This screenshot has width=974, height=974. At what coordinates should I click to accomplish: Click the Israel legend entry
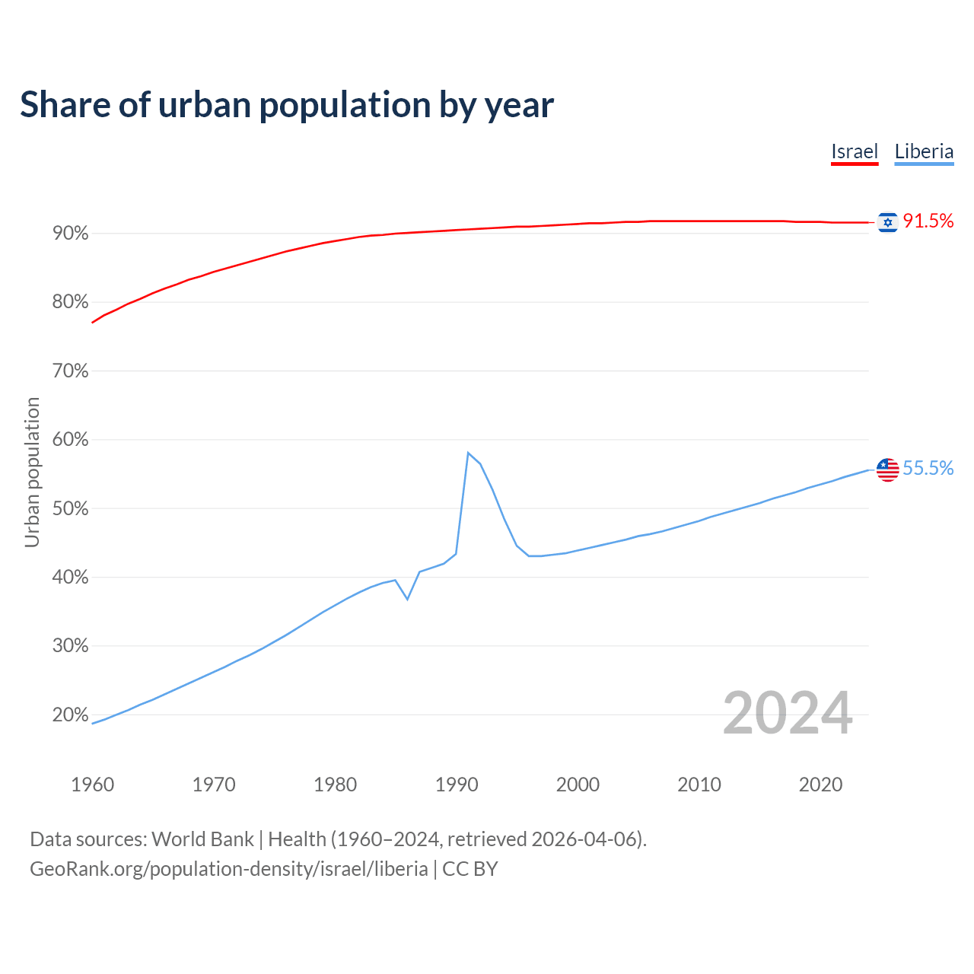[854, 151]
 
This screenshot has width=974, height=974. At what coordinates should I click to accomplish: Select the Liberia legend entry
[924, 151]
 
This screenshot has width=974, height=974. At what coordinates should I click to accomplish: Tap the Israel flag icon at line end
[887, 221]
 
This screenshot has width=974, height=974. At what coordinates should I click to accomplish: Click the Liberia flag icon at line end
[887, 469]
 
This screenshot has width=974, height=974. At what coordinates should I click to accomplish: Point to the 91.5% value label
[928, 221]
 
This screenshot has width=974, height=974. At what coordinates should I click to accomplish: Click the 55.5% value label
[928, 469]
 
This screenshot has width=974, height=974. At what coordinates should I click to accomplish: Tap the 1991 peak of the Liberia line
[468, 453]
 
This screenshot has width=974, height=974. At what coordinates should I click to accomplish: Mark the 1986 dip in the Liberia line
[408, 599]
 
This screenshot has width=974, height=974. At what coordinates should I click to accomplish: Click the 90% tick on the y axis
[71, 234]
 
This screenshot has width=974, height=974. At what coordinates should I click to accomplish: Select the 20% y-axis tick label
[71, 715]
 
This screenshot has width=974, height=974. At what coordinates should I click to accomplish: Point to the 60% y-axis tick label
[71, 440]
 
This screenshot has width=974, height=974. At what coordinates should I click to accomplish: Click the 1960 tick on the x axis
[93, 785]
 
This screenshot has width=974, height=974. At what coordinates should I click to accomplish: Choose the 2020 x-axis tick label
[820, 785]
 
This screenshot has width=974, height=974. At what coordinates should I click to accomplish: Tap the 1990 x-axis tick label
[457, 785]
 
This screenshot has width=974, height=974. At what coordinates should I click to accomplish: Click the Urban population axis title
[32, 472]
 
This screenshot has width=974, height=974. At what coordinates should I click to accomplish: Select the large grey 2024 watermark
[788, 713]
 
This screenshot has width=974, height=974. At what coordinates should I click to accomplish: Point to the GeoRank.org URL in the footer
[228, 869]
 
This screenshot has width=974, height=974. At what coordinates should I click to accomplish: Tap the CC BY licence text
[470, 869]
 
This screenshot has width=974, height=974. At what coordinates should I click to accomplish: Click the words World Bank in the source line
[202, 839]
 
